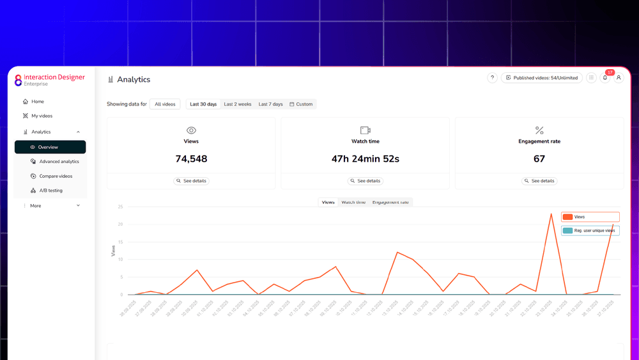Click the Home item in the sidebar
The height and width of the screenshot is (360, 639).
click(x=38, y=102)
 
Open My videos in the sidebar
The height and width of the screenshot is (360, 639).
click(x=42, y=116)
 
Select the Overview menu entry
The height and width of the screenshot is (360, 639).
click(x=48, y=147)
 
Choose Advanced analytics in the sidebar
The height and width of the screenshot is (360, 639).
click(x=59, y=162)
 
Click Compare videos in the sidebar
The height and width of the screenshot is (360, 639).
click(x=56, y=176)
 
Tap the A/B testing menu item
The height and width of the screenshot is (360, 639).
click(x=50, y=191)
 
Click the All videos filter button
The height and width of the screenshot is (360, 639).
click(x=165, y=104)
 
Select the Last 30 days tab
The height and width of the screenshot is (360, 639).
click(x=203, y=104)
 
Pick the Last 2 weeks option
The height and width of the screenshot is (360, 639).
click(x=237, y=104)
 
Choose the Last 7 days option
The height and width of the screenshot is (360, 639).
click(x=270, y=104)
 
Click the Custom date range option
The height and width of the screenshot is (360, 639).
click(x=301, y=104)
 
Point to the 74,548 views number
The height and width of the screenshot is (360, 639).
click(x=191, y=159)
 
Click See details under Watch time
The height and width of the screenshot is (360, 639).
click(x=366, y=181)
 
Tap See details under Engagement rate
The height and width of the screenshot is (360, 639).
click(x=539, y=181)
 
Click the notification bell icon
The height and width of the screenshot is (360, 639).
click(x=605, y=78)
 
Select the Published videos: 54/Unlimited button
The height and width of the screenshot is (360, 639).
click(x=541, y=78)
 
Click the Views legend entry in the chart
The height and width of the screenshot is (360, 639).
click(x=590, y=217)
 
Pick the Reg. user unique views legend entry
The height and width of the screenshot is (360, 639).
click(x=590, y=230)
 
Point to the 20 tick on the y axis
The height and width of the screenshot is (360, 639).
click(x=120, y=224)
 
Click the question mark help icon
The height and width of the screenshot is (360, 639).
click(x=492, y=78)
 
